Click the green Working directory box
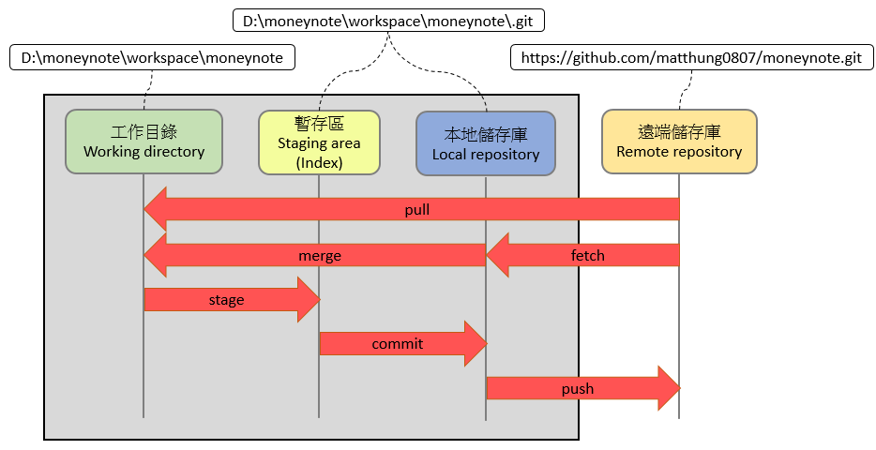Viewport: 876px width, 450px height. pos(143,142)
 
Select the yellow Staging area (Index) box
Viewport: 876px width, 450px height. pos(319,142)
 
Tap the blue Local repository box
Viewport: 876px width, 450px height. pos(486,143)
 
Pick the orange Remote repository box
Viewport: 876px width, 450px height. pos(679,142)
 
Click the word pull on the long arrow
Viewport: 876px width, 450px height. pos(416,210)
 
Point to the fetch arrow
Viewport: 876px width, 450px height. pos(588,255)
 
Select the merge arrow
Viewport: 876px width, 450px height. pos(319,255)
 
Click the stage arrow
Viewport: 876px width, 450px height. pos(227,300)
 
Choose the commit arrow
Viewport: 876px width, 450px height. pos(398,344)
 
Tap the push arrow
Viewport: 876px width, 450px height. pos(578,388)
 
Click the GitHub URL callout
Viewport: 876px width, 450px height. pos(690,58)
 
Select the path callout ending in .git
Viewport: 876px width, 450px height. pos(387,20)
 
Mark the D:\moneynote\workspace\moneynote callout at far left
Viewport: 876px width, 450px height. pos(151,58)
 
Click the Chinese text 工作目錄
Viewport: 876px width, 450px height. pos(143,132)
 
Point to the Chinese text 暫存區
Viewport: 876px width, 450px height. pos(319,125)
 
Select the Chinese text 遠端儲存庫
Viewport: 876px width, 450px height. pos(679,132)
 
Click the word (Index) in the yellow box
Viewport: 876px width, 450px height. pos(319,162)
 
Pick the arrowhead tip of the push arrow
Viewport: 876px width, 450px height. pos(677,388)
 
